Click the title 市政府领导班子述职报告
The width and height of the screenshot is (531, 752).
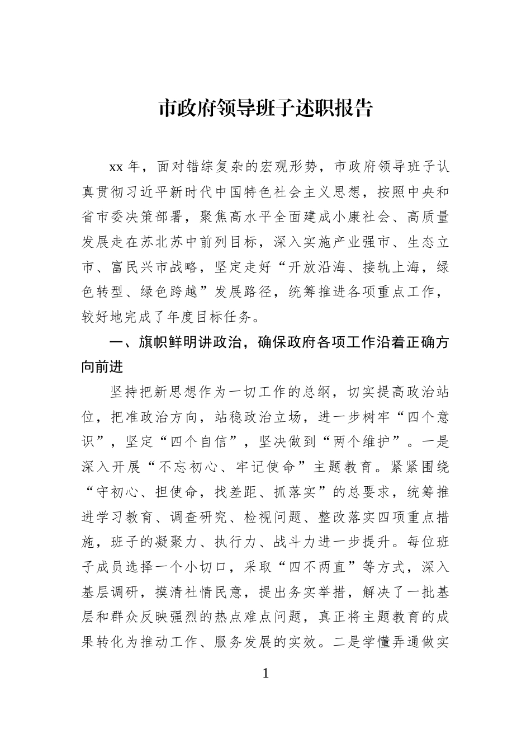pos(265,109)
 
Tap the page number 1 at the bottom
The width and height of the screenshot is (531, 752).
pos(265,673)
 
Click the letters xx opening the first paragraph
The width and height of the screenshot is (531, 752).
pos(116,167)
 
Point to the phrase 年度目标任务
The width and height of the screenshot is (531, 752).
pos(207,317)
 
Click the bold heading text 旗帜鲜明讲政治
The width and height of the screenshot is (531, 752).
pos(191,343)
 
